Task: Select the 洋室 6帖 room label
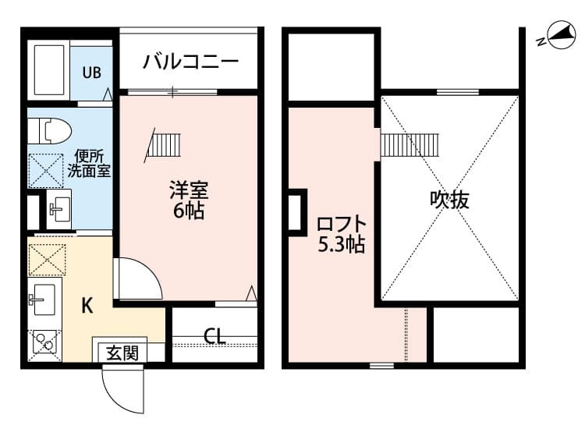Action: coord(189,200)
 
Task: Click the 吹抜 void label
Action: coord(450,200)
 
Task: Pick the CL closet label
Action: coord(214,336)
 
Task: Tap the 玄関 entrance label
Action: coord(122,353)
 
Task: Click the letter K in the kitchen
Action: coord(87,305)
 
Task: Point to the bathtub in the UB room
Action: coord(48,70)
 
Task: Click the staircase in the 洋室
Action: coord(163,145)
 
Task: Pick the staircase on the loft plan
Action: coord(411,144)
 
